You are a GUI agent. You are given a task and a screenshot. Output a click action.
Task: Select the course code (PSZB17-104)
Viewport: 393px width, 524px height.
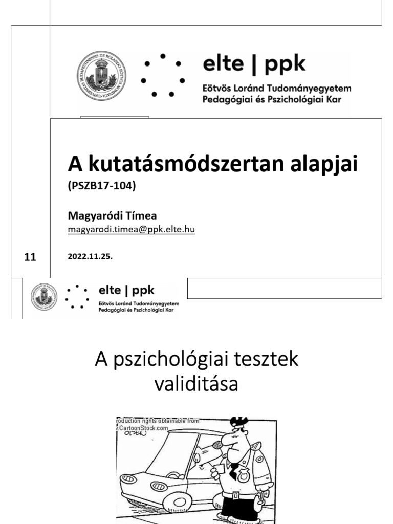click(x=101, y=187)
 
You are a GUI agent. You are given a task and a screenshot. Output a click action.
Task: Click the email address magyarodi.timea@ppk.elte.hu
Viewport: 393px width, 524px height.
click(x=132, y=230)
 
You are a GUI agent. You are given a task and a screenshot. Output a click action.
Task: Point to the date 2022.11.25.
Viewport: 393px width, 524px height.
click(x=90, y=257)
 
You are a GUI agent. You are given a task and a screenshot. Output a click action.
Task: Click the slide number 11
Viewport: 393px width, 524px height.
click(x=30, y=257)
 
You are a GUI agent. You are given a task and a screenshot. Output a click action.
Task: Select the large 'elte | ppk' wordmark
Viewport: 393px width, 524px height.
click(x=254, y=64)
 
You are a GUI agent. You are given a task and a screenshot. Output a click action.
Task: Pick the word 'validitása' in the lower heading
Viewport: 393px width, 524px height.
click(x=196, y=384)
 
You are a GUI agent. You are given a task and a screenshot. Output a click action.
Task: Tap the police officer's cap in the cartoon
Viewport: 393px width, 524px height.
click(x=237, y=424)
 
